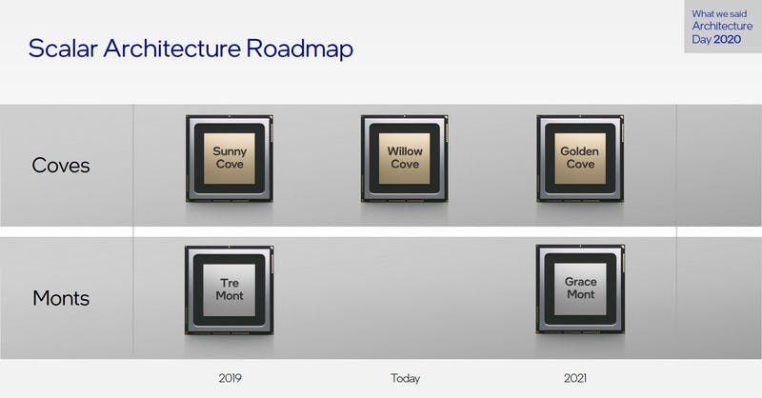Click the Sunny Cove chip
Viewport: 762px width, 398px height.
230,158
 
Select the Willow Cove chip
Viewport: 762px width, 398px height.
405,158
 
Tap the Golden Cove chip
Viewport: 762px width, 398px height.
580,158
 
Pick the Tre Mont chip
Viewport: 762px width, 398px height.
230,289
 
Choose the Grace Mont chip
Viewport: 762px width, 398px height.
580,289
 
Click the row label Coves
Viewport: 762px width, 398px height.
61,166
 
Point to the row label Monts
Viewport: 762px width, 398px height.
61,298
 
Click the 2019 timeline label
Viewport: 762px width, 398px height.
230,378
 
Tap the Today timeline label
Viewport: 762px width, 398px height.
406,378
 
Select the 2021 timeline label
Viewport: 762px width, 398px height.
575,378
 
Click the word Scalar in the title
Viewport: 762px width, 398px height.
63,49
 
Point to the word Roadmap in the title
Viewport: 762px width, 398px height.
300,49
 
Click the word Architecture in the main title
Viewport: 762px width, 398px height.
172,49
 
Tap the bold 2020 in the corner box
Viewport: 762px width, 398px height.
728,39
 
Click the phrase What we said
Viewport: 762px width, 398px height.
719,13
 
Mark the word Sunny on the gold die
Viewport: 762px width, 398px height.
230,151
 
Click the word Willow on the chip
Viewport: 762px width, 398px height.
405,151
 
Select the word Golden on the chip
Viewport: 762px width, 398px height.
579,151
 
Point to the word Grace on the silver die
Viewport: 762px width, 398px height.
581,282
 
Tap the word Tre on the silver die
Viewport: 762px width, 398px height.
230,283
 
